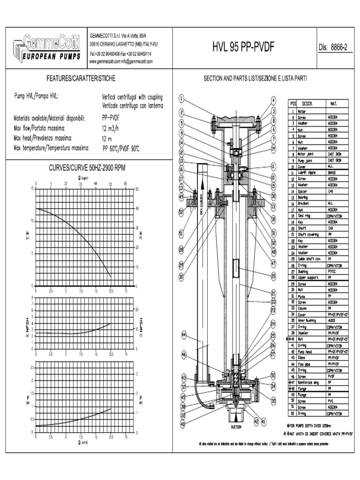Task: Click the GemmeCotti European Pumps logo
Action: [x=46, y=48]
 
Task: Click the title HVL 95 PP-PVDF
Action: [x=243, y=48]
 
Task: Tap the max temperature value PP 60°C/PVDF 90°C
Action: [x=120, y=149]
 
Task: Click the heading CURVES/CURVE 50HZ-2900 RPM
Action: [x=87, y=168]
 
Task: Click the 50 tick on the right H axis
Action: [x=136, y=189]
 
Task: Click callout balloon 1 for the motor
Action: [x=182, y=98]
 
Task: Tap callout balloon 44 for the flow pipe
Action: [x=184, y=335]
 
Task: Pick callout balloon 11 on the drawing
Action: [x=273, y=166]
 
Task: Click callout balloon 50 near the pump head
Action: [x=273, y=375]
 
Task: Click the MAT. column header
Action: [x=333, y=103]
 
